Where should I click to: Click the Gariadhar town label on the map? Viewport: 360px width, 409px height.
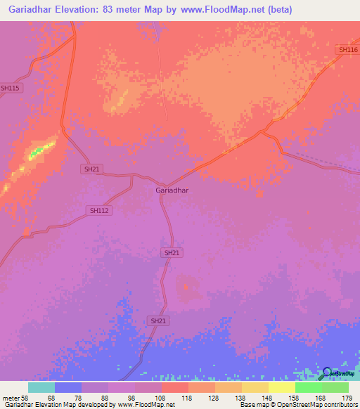pyautogui.click(x=172, y=190)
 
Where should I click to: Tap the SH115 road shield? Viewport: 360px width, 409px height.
pyautogui.click(x=11, y=88)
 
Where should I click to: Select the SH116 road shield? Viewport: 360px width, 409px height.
pyautogui.click(x=348, y=49)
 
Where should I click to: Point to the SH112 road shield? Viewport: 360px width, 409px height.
pyautogui.click(x=99, y=210)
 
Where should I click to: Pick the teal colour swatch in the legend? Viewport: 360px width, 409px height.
pyautogui.click(x=41, y=387)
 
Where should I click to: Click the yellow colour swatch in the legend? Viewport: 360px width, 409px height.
pyautogui.click(x=282, y=387)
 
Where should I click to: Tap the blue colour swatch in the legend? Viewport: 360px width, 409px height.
pyautogui.click(x=68, y=387)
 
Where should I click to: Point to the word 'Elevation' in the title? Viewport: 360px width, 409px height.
pyautogui.click(x=78, y=10)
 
